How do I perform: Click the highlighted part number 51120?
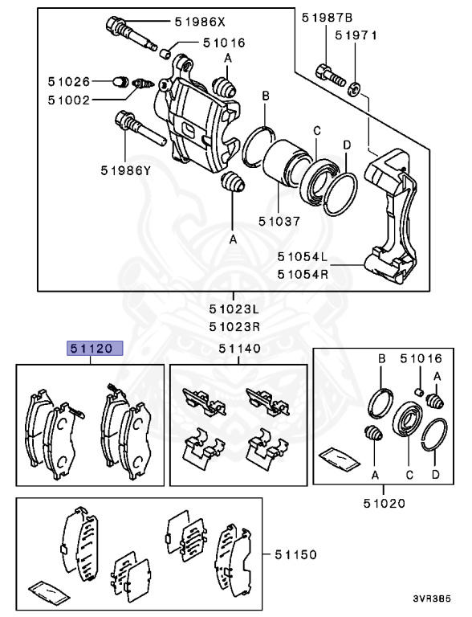(95, 349)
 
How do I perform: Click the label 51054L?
(303, 258)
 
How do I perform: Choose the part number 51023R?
(234, 326)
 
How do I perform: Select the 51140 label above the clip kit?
(239, 349)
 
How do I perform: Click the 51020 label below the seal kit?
(383, 504)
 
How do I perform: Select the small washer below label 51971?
(354, 86)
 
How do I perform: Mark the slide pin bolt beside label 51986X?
(128, 33)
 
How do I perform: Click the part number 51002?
(68, 100)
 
